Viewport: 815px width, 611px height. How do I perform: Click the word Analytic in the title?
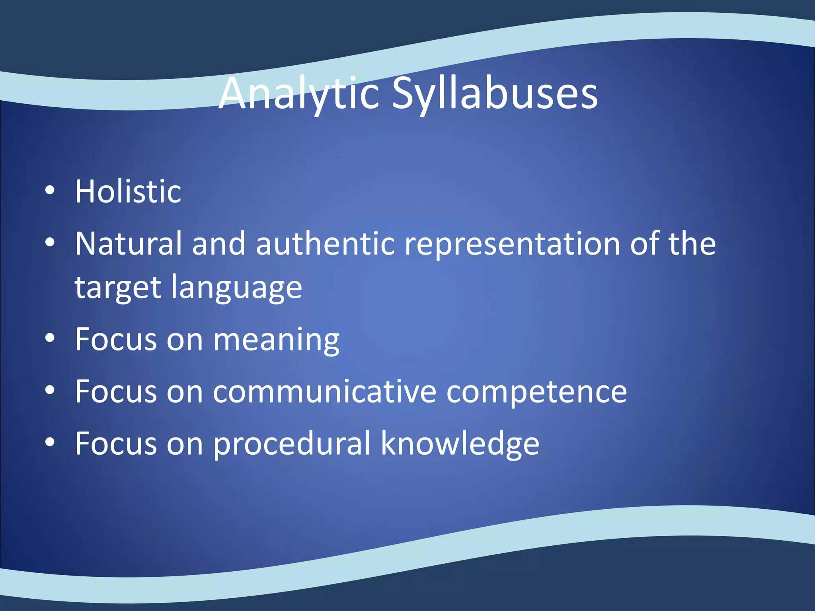tap(298, 93)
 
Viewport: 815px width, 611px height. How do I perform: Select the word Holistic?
tap(128, 192)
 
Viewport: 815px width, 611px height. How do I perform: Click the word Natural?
tap(129, 243)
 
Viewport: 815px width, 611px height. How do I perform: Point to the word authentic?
tap(325, 243)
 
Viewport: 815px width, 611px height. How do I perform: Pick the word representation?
tap(512, 243)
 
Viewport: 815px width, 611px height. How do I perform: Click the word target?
tap(118, 287)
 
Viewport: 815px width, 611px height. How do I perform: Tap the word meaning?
tap(276, 340)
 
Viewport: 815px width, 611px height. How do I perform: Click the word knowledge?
tap(460, 444)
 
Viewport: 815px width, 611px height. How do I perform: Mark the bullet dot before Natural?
tap(50, 242)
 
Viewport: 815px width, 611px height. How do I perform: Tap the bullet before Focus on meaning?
tap(50, 339)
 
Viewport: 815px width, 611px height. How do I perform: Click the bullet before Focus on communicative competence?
tap(50, 390)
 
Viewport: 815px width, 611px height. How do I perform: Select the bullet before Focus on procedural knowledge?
tap(50, 442)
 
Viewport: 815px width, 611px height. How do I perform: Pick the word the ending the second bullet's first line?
tap(692, 243)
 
